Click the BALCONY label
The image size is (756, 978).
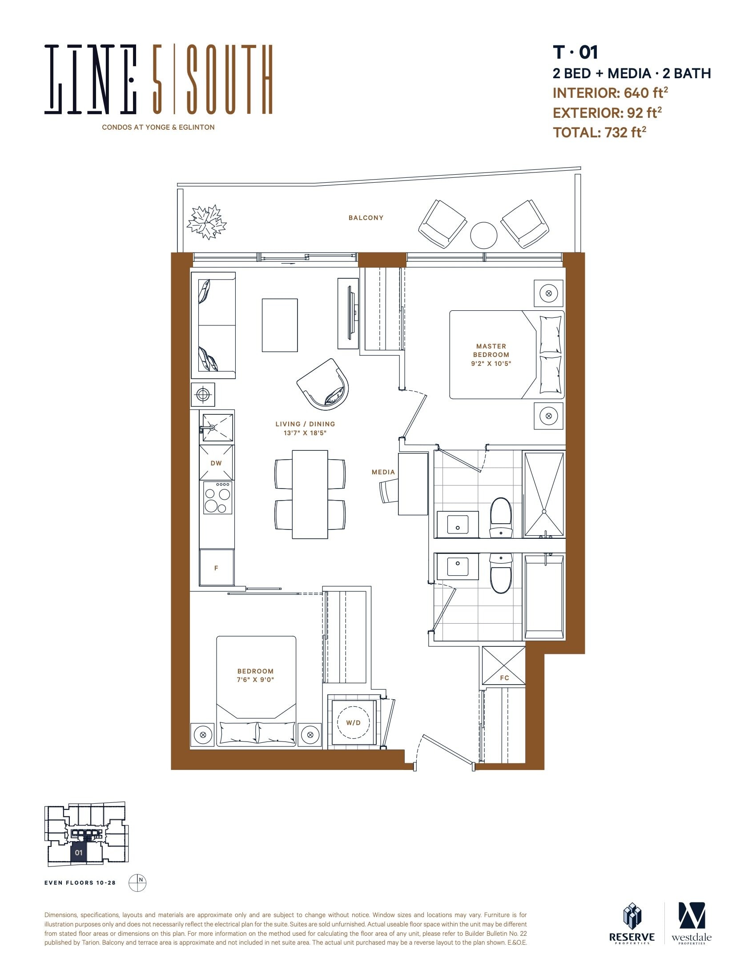(366, 218)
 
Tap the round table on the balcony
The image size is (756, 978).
(484, 235)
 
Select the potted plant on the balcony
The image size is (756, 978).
(207, 222)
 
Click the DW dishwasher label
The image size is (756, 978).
(216, 463)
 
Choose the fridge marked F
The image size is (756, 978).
(217, 567)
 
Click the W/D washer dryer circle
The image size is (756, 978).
(354, 722)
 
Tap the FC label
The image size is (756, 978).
(504, 677)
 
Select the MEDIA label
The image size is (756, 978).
(383, 472)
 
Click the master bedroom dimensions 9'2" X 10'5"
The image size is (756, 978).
(491, 364)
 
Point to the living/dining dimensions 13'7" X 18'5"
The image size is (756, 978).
(305, 433)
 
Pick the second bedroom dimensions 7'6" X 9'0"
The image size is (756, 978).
(255, 680)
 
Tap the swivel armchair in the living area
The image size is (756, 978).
(323, 384)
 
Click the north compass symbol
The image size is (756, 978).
(137, 882)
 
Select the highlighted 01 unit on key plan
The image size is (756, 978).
(79, 852)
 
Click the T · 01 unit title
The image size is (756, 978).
(575, 52)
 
